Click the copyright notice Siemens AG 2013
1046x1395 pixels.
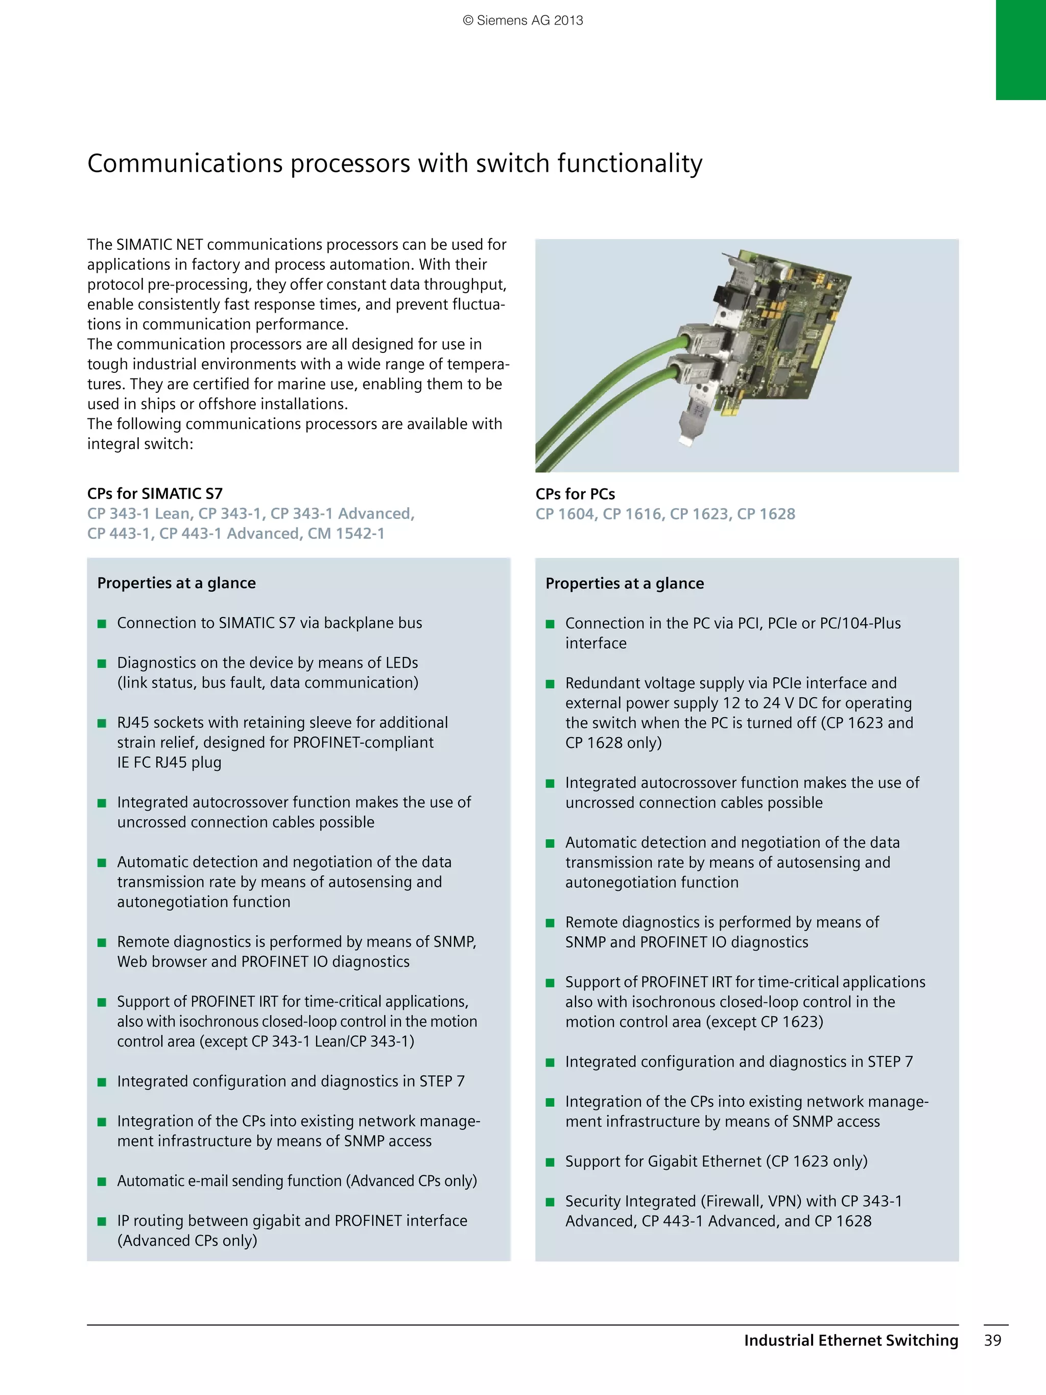[x=522, y=20]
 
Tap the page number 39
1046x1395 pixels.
[x=992, y=1340]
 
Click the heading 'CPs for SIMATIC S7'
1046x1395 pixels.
[x=154, y=493]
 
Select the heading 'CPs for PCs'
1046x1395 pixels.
[x=575, y=494]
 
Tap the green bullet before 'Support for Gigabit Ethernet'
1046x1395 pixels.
[x=550, y=1162]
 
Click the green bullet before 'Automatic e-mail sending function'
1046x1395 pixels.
[x=102, y=1181]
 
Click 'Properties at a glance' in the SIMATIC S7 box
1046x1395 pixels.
[x=177, y=583]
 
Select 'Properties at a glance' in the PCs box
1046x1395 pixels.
[x=624, y=583]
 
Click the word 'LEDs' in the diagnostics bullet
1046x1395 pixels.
[x=401, y=663]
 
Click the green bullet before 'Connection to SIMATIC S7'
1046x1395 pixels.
[x=102, y=624]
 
